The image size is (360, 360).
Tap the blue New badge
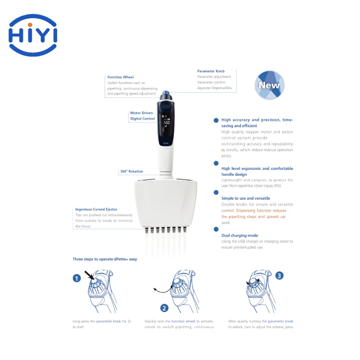pyautogui.click(x=269, y=85)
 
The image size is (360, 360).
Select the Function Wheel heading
pyautogui.click(x=120, y=77)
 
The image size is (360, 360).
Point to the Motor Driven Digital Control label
pyautogui.click(x=142, y=116)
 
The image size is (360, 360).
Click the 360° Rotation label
pyautogui.click(x=131, y=171)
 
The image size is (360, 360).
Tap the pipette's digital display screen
pyautogui.click(x=167, y=122)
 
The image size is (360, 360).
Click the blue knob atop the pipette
pyautogui.click(x=166, y=94)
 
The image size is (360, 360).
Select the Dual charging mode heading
pyautogui.click(x=240, y=236)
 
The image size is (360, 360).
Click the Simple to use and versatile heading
pyautogui.click(x=245, y=198)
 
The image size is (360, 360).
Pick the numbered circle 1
pyautogui.click(x=76, y=278)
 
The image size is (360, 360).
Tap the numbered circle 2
pyautogui.click(x=164, y=308)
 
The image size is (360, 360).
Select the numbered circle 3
pyautogui.click(x=280, y=276)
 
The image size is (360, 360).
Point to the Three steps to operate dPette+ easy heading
pyautogui.click(x=105, y=259)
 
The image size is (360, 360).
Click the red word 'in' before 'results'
pyautogui.click(x=223, y=150)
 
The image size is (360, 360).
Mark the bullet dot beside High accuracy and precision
pyautogui.click(x=216, y=120)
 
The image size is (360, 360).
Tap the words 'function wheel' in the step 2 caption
pyautogui.click(x=183, y=321)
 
